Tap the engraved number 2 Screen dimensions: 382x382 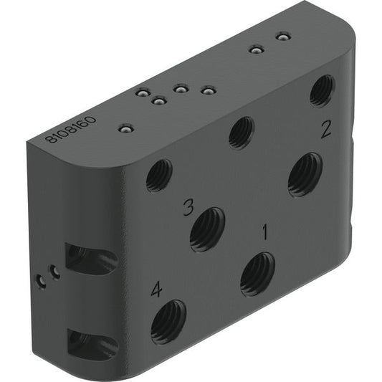click(326, 130)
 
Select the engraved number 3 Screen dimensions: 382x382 click(188, 207)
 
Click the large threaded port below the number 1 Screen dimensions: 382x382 click(257, 274)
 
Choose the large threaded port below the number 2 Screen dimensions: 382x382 click(305, 174)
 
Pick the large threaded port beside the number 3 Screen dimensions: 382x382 click(207, 230)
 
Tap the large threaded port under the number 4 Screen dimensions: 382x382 click(168, 323)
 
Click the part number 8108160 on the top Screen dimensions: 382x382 click(71, 130)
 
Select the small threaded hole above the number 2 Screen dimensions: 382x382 click(322, 91)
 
